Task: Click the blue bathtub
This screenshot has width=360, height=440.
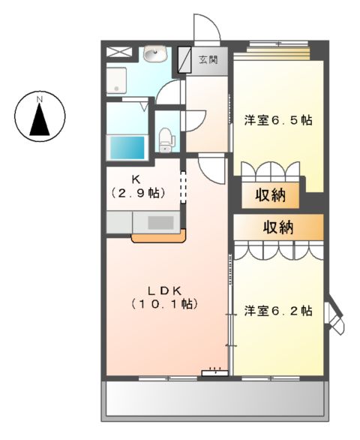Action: tap(127, 146)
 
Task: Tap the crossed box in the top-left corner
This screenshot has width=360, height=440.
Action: tap(118, 53)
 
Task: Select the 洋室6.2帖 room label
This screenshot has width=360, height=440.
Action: tap(277, 310)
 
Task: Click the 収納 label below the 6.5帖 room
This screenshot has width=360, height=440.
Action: tap(273, 197)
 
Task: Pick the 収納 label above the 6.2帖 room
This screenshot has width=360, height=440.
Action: tap(277, 226)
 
